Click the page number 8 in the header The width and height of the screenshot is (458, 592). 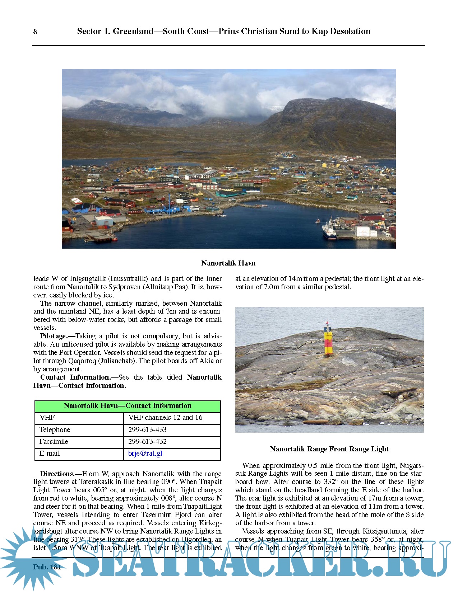(35, 32)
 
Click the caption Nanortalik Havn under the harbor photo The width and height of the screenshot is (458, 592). (228, 263)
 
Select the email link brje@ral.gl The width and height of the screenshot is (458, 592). (145, 454)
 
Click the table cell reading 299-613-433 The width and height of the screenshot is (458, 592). (147, 430)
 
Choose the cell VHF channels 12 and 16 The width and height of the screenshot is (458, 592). (165, 418)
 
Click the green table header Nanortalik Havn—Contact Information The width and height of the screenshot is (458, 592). (128, 406)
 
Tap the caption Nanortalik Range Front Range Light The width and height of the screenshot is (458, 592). (329, 449)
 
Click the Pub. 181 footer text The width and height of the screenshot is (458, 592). (47, 567)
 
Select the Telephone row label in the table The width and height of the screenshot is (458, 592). (55, 430)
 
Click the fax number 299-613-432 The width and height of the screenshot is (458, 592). (147, 442)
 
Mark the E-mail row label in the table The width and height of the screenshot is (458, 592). (50, 454)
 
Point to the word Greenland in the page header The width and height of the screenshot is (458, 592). (133, 32)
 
